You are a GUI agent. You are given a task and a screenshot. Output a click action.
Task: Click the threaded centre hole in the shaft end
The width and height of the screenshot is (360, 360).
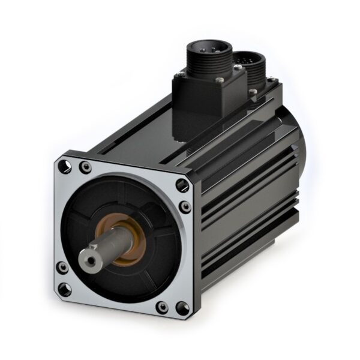91,259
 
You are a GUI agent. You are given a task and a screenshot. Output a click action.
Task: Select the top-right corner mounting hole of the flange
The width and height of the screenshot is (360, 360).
182,185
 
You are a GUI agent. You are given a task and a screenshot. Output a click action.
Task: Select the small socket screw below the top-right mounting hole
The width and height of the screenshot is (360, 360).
185,207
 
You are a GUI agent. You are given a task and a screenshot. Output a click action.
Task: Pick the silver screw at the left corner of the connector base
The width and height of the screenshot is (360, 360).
179,75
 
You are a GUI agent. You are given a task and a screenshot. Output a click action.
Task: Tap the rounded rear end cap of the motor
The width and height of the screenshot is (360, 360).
300,150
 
